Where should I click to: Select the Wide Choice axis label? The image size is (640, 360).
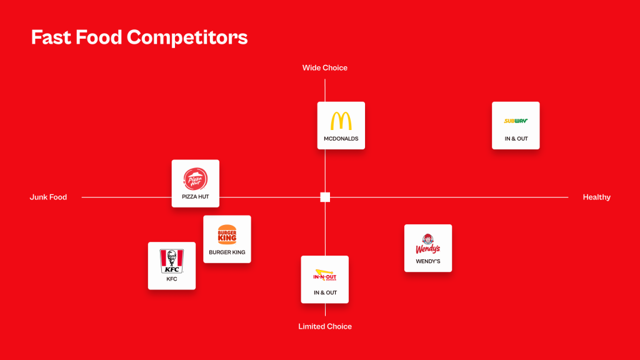tap(325, 67)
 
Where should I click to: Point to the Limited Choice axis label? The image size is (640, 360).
tap(325, 326)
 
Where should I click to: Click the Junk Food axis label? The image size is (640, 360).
tap(48, 197)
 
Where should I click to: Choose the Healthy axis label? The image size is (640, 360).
tap(597, 197)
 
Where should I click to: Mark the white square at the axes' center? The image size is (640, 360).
tap(325, 197)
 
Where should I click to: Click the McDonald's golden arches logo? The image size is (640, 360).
tap(341, 121)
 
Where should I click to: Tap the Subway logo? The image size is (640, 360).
tap(516, 121)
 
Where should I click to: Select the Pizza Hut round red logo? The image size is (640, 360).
tap(196, 179)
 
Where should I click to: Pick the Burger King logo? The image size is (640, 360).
tap(227, 235)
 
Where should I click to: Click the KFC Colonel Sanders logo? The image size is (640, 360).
tap(172, 261)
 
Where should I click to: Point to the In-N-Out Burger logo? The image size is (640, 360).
tap(325, 275)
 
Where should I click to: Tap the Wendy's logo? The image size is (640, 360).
tap(427, 244)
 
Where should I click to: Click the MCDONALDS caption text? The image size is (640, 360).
tap(341, 139)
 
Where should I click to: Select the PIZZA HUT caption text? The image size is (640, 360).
tap(196, 197)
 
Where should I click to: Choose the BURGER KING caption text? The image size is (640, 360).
tap(227, 252)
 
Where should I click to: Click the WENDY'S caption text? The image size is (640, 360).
tap(428, 261)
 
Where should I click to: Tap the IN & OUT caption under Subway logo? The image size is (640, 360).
tap(516, 139)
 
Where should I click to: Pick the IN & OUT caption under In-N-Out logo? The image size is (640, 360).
tap(325, 292)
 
